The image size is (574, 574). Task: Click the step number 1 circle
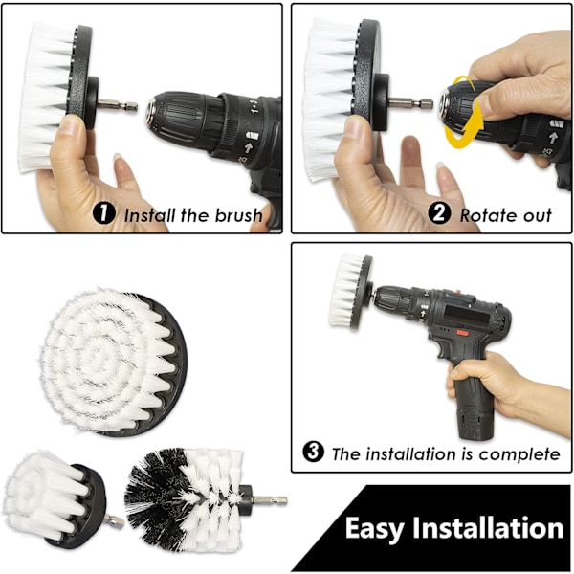(x=104, y=213)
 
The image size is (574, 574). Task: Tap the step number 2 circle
(x=439, y=213)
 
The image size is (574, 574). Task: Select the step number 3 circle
(x=314, y=452)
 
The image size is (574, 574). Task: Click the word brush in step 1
(x=238, y=215)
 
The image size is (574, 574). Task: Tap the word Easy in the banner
(x=374, y=528)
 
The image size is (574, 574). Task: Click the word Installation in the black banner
(x=488, y=527)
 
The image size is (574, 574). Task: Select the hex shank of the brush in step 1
(x=117, y=105)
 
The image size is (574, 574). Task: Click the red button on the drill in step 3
(x=463, y=333)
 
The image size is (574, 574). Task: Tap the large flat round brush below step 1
(x=114, y=363)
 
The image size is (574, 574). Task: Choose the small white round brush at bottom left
(x=55, y=498)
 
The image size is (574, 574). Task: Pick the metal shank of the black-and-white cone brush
(x=270, y=500)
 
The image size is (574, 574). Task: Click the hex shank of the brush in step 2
(x=410, y=104)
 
